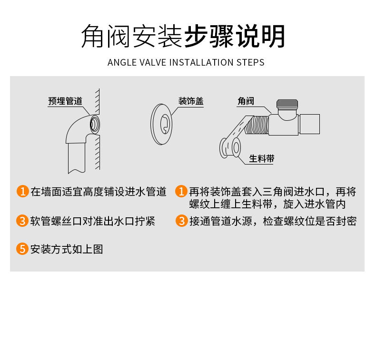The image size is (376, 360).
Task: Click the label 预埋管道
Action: click(65, 101)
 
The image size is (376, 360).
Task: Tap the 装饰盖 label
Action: click(191, 101)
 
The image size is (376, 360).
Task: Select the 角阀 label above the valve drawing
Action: click(246, 101)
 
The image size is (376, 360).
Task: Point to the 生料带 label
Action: click(262, 158)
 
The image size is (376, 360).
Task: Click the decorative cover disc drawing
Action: click(161, 124)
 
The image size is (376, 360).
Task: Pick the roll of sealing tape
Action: click(230, 147)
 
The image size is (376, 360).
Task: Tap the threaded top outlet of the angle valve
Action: click(287, 104)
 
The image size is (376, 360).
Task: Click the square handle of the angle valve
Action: click(309, 124)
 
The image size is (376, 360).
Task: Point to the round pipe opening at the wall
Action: click(95, 125)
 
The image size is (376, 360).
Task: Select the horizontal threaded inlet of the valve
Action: click(257, 125)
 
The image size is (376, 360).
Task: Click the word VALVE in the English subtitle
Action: click(153, 62)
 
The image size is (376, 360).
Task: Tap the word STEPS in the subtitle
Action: click(250, 62)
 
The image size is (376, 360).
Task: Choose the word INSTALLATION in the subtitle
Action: click(201, 62)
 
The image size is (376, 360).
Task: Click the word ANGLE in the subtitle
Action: click(122, 62)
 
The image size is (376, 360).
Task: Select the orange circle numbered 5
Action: click(22, 249)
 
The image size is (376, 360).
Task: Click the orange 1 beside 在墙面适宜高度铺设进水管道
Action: click(23, 191)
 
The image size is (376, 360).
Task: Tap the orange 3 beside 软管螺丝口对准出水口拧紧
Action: click(22, 221)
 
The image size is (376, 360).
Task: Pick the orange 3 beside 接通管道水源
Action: click(182, 221)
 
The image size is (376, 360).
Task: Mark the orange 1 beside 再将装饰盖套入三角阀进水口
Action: click(181, 191)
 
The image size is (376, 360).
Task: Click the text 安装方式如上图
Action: click(67, 249)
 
